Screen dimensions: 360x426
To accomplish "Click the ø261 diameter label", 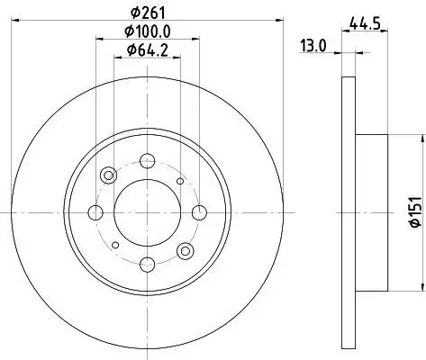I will point(146,12).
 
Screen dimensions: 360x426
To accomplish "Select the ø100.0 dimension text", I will point(146,32).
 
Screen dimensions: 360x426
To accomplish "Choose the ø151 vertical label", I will point(415,212).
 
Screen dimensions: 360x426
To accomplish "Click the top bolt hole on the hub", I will point(146,162).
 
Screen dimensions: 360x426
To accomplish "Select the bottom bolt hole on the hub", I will point(146,264).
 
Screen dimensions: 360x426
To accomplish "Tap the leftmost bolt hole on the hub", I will point(95,212).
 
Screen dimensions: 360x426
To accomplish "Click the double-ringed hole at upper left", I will point(110,175).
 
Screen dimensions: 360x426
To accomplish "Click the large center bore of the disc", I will point(146,212).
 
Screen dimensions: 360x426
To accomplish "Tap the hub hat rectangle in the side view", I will point(372,212).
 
